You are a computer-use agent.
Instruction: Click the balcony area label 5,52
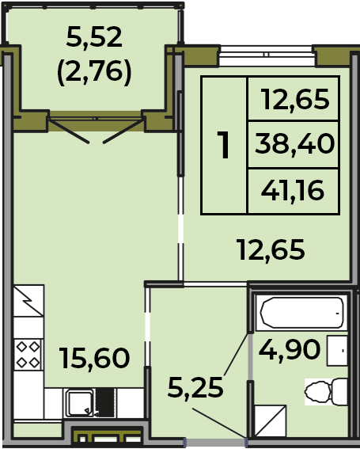pyautogui.click(x=94, y=37)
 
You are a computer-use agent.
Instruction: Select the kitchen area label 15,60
pyautogui.click(x=94, y=358)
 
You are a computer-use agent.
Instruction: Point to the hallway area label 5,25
pyautogui.click(x=195, y=388)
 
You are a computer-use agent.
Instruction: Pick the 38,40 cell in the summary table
pyautogui.click(x=294, y=144)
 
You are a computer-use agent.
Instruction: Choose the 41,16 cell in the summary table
pyautogui.click(x=293, y=192)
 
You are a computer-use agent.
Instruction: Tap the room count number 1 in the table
pyautogui.click(x=223, y=145)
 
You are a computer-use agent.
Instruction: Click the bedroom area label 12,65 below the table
pyautogui.click(x=271, y=250)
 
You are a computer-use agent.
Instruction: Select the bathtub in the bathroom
pyautogui.click(x=302, y=313)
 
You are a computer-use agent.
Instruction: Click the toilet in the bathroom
pyautogui.click(x=326, y=392)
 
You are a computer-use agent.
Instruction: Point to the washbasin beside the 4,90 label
pyautogui.click(x=337, y=351)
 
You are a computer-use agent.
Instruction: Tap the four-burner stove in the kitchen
pyautogui.click(x=28, y=355)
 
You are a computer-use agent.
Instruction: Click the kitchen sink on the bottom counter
pyautogui.click(x=79, y=404)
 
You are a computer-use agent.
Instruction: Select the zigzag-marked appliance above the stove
pyautogui.click(x=28, y=301)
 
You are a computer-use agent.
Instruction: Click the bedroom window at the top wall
pyautogui.click(x=267, y=56)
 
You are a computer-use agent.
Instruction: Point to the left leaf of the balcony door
pyautogui.click(x=69, y=131)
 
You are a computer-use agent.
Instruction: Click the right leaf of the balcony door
pyautogui.click(x=123, y=131)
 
